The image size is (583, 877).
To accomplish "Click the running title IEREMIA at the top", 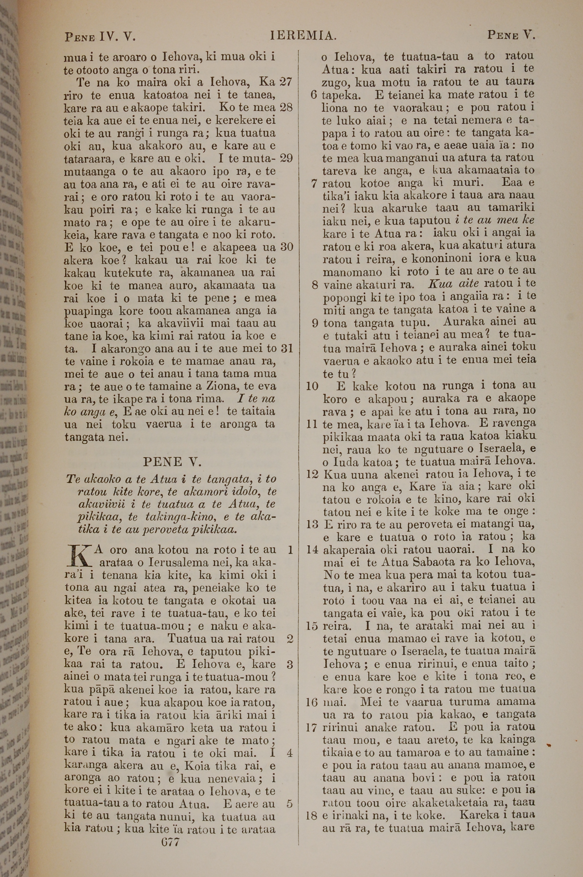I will coord(303,36).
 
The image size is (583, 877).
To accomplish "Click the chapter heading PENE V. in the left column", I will coord(172,462).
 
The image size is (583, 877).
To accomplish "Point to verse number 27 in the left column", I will coord(286,82).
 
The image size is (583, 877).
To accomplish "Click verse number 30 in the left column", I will coord(287,247).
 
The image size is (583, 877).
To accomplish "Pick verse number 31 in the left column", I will coord(287,348).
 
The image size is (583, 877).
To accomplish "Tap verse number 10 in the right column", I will coord(312,386).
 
